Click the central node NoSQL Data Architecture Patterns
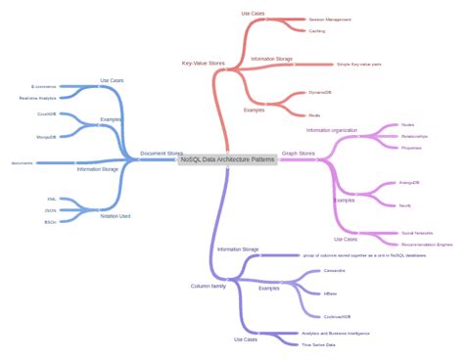pos(228,159)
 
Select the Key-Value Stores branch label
pos(203,63)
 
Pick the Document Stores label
pos(162,153)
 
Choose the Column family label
pos(208,286)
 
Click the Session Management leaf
pos(330,19)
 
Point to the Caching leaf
pos(317,31)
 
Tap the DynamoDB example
pos(320,93)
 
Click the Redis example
pos(316,113)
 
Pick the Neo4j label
pos(405,205)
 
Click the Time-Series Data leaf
pos(318,344)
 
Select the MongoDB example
pos(46,137)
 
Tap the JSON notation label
pos(51,210)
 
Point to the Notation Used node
pos(116,216)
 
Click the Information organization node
pos(332,130)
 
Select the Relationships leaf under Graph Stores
pos(413,136)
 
